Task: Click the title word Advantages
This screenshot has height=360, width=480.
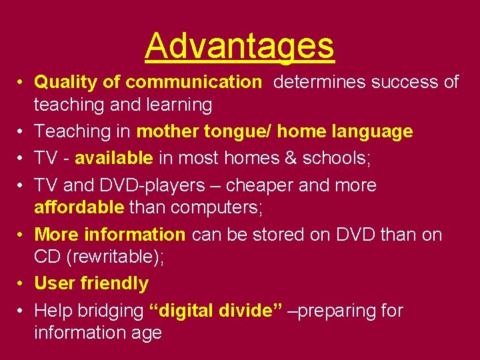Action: pos(239,46)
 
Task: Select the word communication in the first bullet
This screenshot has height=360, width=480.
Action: pos(193,82)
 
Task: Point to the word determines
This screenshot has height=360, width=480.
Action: pos(319,82)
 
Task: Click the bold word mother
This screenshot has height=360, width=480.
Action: pos(167,131)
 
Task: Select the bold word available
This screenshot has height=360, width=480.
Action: pos(114,158)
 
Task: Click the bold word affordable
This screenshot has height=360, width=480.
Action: pos(79,207)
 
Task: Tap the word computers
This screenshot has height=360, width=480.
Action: pos(217,207)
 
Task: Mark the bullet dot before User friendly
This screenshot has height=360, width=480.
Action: pos(21,283)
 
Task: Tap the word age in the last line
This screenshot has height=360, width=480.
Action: pos(147,333)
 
